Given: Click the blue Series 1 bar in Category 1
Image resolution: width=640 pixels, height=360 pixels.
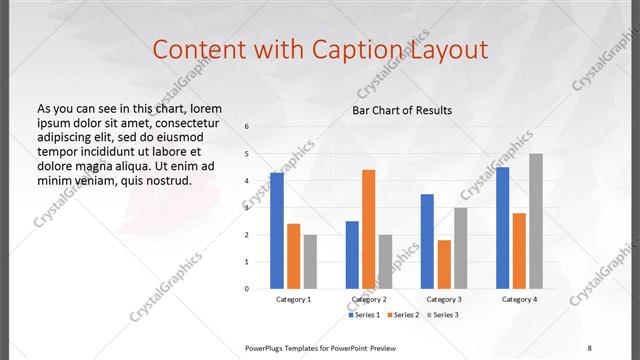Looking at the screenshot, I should [277, 230].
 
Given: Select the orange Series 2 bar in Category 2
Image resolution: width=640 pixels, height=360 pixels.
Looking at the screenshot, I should [369, 229].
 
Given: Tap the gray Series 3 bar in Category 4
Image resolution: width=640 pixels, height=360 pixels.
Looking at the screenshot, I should [536, 221].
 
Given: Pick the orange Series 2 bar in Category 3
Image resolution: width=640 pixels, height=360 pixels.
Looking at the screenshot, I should [444, 264].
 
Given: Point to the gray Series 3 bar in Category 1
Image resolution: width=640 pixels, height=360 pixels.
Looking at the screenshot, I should [311, 261].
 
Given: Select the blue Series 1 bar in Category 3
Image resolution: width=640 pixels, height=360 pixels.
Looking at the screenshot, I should [427, 241].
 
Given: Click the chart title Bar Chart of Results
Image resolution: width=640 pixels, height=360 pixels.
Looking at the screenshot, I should [402, 110].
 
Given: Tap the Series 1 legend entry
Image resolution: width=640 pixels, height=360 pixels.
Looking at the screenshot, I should [364, 315].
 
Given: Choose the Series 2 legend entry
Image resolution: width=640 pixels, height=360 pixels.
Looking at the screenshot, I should [402, 315].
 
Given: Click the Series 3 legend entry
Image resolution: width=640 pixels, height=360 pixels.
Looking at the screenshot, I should [441, 315].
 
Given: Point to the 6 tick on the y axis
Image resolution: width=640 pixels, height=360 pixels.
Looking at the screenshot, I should [246, 127].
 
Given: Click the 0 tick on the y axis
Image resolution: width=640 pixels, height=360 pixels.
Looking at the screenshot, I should [246, 289].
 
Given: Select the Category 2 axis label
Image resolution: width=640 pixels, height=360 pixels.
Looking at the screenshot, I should [369, 299].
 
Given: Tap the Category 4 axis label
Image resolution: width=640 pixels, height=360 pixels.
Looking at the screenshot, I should [519, 299].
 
